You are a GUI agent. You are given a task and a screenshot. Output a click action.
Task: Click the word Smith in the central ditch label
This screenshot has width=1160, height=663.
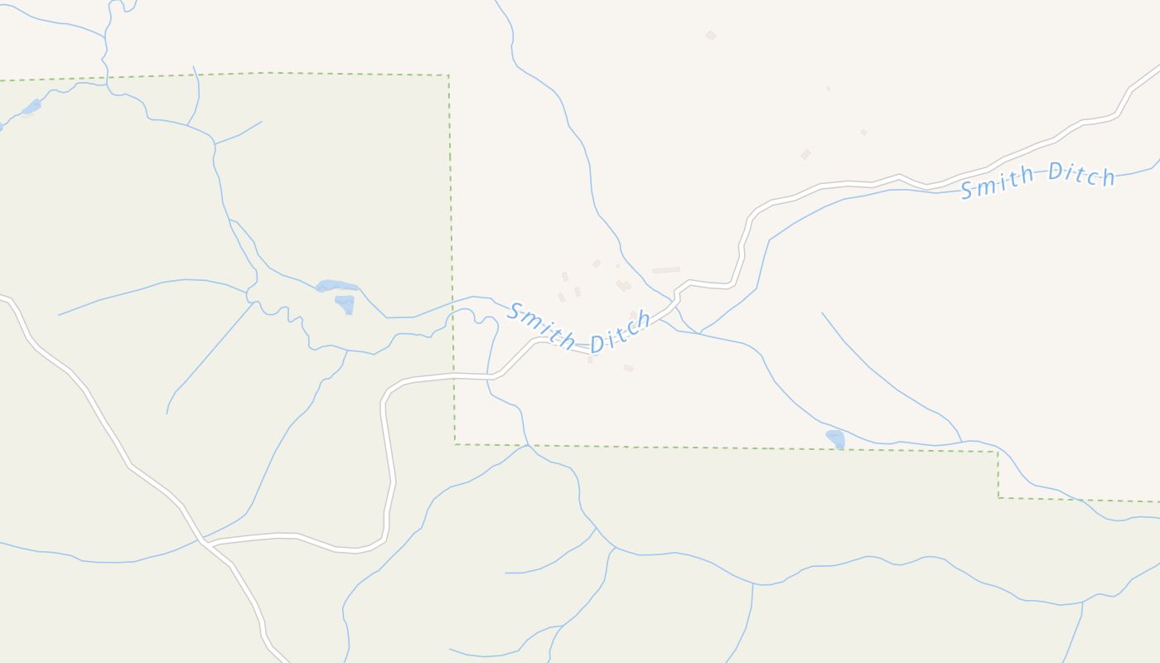tap(541, 325)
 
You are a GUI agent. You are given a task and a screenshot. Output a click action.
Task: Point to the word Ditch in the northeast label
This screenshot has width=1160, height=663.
tap(1081, 174)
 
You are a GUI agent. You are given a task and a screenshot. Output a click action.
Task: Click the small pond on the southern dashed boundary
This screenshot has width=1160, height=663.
tap(835, 438)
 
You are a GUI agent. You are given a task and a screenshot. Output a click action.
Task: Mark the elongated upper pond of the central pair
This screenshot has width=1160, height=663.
tap(336, 286)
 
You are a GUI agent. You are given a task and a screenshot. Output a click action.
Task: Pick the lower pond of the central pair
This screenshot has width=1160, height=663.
tap(346, 304)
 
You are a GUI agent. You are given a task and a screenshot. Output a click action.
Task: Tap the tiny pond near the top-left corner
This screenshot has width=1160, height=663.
tap(31, 107)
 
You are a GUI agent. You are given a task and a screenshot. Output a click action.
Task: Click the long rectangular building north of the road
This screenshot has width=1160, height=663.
tap(665, 270)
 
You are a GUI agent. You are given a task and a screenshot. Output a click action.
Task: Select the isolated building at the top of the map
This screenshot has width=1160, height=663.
tap(710, 35)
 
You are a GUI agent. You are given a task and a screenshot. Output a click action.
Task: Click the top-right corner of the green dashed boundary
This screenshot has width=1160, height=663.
tap(448, 75)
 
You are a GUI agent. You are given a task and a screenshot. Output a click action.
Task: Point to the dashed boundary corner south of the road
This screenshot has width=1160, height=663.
tap(455, 444)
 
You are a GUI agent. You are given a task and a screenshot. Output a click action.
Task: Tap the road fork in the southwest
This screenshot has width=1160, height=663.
tap(204, 544)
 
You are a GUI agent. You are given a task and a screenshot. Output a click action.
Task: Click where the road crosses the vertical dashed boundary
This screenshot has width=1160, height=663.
tap(453, 376)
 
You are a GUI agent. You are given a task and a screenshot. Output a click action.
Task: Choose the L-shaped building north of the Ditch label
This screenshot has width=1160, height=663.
tap(622, 285)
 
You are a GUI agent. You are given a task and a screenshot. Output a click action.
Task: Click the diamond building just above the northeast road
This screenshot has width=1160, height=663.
tap(805, 155)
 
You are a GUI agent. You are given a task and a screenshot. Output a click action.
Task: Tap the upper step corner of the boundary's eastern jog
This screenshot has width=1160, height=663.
tap(998, 452)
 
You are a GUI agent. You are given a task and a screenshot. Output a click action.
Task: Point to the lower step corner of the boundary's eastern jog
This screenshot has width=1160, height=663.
tap(998, 497)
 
